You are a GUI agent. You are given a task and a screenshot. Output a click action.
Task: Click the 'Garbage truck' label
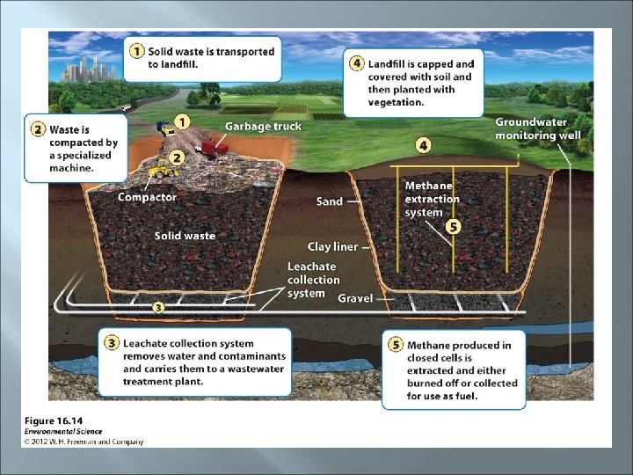[x=262, y=126]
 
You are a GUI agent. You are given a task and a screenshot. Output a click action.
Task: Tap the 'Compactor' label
[x=147, y=197]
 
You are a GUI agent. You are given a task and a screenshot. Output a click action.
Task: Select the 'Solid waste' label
[x=185, y=236]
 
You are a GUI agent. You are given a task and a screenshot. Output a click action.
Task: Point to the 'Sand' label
[x=330, y=201]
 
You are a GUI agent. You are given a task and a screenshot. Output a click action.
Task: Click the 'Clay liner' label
[x=332, y=247]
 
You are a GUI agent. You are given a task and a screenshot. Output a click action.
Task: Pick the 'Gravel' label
[x=355, y=298]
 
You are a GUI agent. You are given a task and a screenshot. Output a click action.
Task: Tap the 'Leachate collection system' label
[x=313, y=280]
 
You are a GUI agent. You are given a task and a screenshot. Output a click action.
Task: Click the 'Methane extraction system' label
[x=432, y=199]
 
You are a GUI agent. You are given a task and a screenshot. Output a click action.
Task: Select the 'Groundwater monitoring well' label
[x=538, y=128]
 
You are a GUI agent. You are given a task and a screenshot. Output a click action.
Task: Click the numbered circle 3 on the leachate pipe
[x=157, y=307]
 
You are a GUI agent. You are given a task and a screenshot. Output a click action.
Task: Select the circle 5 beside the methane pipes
[x=453, y=226]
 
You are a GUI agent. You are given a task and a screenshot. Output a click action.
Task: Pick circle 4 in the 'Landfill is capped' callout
[x=357, y=64]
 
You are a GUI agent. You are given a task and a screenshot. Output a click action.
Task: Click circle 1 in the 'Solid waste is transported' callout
[x=136, y=51]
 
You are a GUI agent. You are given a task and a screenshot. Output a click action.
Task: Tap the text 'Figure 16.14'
[x=51, y=420]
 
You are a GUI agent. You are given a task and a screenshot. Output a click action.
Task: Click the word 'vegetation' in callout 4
[x=397, y=102]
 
